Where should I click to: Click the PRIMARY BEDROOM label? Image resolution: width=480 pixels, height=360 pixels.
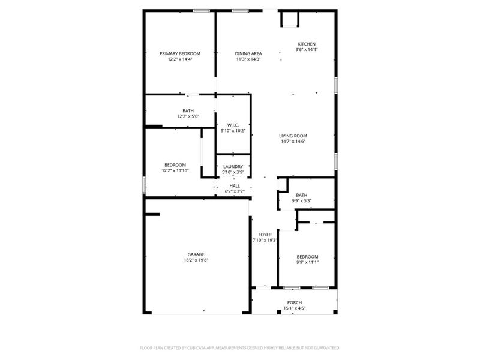coord(179,53)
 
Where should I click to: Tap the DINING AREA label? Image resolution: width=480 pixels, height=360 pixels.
coord(248,53)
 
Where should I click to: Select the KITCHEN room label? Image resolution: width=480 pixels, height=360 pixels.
coord(307,44)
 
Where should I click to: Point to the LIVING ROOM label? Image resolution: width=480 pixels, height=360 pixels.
coord(293,136)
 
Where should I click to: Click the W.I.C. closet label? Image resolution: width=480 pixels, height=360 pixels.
coord(233,124)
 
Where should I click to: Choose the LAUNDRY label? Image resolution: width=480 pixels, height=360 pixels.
coord(233,167)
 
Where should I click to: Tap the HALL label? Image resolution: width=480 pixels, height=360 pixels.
coord(235,186)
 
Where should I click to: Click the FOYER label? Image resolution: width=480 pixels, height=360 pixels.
coord(265,234)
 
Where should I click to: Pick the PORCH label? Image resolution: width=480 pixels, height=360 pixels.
coord(294,302)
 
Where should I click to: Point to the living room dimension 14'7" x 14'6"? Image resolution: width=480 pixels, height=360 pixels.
coord(293,142)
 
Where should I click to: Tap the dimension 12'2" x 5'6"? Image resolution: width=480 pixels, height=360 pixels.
coord(188,116)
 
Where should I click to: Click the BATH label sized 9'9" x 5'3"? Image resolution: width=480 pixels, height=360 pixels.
coord(301,195)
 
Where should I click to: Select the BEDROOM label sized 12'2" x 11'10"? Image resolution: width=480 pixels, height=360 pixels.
coord(175,165)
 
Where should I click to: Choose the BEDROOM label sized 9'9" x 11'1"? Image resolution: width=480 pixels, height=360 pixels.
coord(307,256)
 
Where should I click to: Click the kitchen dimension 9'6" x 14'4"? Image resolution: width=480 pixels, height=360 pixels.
coord(307,50)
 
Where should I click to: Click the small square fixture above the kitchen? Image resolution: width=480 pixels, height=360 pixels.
coord(289,19)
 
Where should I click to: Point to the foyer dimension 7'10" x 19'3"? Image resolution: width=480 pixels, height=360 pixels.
coord(265,240)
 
